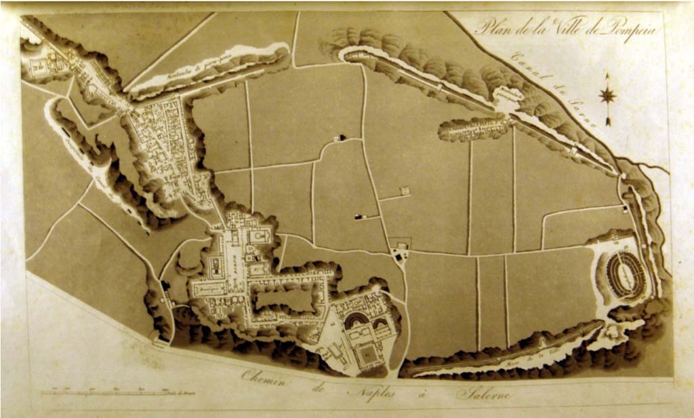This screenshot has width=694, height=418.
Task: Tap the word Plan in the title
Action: [491, 28]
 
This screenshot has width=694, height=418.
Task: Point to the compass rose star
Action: [607, 96]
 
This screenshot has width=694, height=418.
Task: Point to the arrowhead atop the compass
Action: [607, 77]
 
